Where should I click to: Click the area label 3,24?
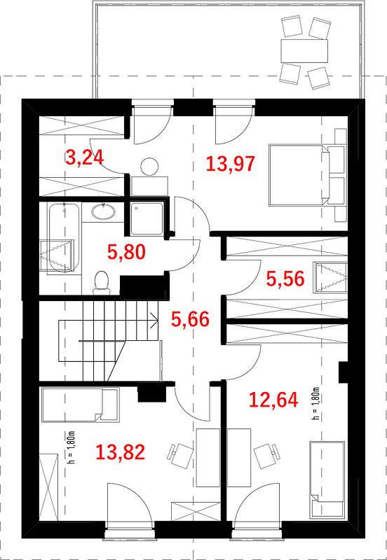(84, 158)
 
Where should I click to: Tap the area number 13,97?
(231, 164)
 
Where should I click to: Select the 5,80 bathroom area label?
(126, 252)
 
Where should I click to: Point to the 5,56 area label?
(285, 279)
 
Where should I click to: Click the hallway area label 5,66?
(189, 319)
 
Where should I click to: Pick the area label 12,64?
(273, 400)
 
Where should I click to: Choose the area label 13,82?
(120, 452)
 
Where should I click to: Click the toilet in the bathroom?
(101, 283)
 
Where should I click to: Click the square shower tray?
(147, 218)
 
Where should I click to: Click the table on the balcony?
(304, 51)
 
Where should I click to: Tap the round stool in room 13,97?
(149, 167)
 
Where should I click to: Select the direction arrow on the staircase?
(154, 320)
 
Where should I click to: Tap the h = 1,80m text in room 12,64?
(315, 403)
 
